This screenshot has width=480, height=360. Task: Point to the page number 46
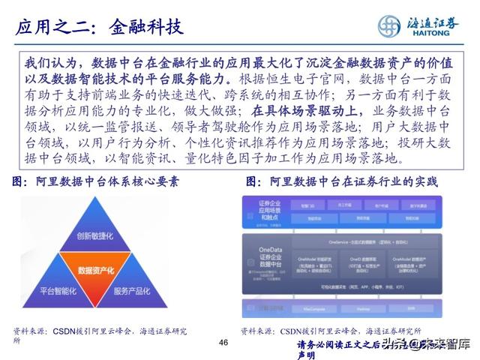(222, 342)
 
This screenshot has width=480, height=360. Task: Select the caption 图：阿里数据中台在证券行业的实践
(342, 182)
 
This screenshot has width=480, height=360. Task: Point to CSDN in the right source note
(301, 331)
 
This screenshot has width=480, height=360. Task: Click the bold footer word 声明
(306, 355)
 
